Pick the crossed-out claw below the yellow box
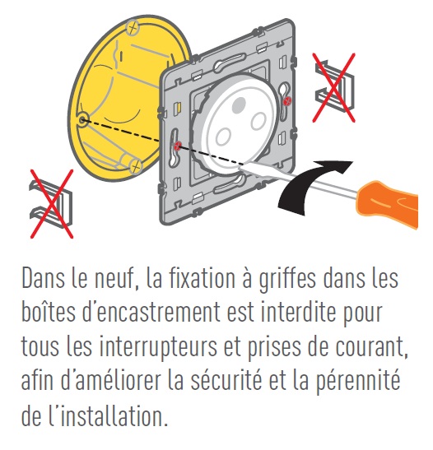click(x=49, y=202)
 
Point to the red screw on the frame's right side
click(x=286, y=100)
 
